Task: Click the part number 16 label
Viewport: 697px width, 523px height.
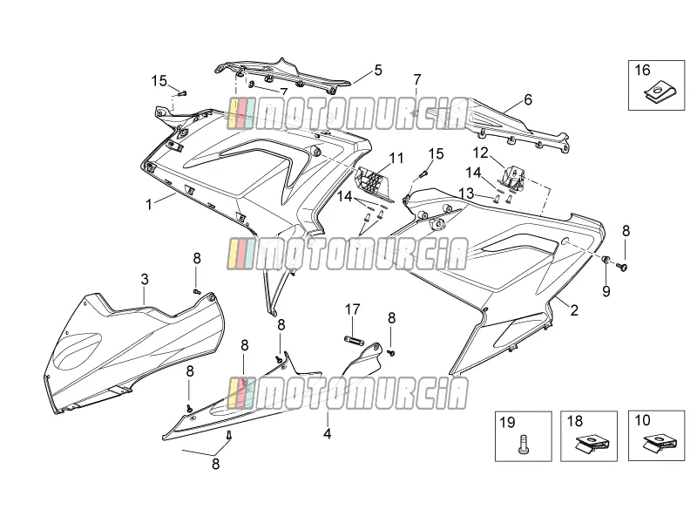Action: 642,71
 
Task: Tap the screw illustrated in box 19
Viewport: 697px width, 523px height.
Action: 524,445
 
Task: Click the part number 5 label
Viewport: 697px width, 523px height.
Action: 378,70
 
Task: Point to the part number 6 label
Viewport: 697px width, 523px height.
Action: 528,99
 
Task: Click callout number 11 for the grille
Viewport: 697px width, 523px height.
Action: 396,159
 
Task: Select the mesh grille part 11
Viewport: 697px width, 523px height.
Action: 374,182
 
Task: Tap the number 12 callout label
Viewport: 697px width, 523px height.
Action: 481,153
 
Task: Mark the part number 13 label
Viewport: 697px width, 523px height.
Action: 466,193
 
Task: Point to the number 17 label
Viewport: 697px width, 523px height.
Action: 353,309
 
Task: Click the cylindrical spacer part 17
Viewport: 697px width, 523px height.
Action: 354,340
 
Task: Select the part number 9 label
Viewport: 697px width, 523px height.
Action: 606,291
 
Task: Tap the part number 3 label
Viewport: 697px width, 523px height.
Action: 145,279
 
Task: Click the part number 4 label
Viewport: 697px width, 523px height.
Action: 328,433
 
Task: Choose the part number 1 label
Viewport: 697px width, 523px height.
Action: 149,204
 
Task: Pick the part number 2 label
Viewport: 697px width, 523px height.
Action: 574,310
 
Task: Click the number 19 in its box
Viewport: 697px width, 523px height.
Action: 508,422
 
